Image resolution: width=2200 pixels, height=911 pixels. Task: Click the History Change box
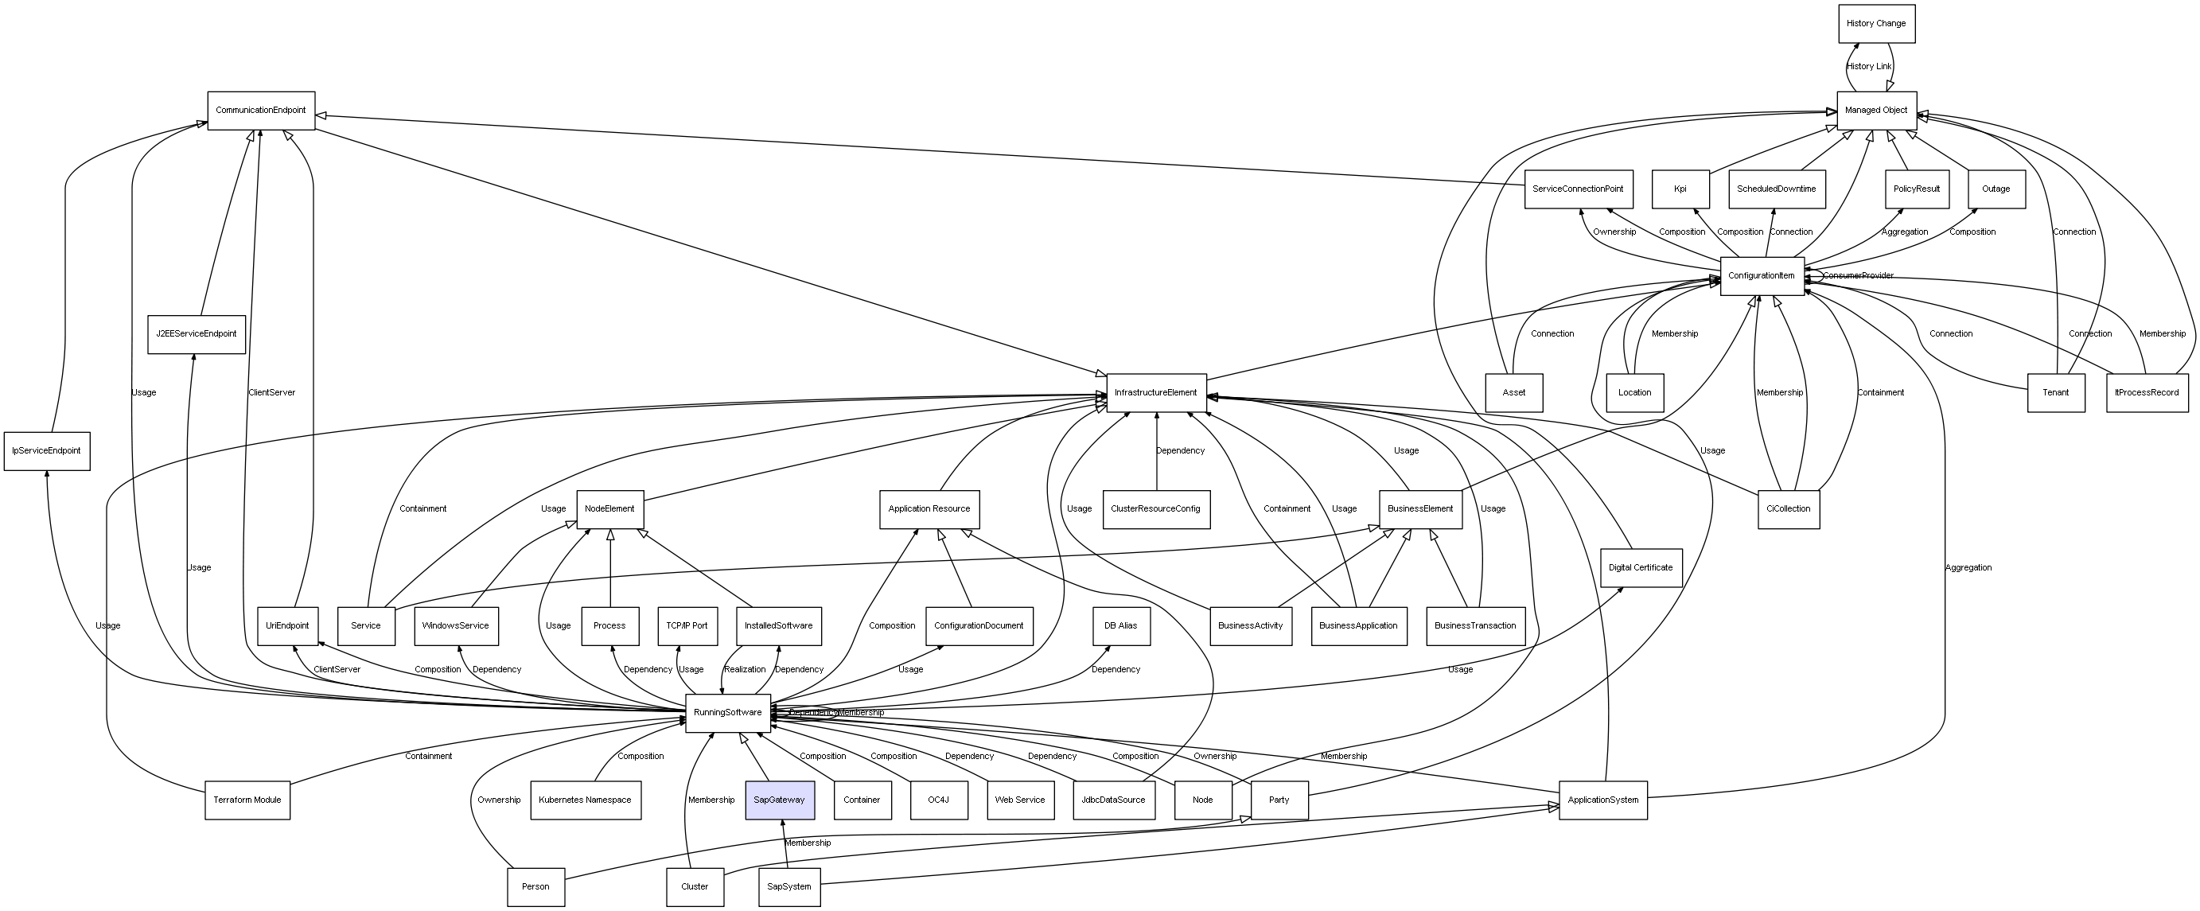click(1876, 24)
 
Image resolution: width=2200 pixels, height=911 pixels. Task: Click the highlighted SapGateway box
click(779, 800)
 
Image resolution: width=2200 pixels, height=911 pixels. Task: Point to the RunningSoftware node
click(728, 713)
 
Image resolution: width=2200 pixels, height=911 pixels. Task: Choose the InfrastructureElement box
click(1155, 393)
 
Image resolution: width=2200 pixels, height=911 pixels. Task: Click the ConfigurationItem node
click(1761, 276)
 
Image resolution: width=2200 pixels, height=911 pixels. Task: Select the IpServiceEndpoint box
click(46, 451)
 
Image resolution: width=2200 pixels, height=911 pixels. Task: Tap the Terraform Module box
click(247, 800)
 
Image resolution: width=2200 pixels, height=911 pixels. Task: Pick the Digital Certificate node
click(1640, 568)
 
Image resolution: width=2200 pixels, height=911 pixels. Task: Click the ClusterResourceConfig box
click(1155, 509)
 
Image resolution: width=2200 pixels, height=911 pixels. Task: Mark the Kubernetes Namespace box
click(585, 800)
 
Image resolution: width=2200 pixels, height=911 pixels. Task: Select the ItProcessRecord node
click(2146, 393)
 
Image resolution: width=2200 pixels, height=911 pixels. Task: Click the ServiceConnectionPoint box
click(1579, 189)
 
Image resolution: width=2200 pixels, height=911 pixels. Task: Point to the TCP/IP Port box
click(687, 626)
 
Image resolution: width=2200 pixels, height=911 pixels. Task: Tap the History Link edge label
click(1869, 67)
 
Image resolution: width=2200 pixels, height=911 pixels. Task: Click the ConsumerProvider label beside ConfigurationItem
click(1859, 276)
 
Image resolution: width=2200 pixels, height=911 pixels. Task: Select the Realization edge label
click(745, 669)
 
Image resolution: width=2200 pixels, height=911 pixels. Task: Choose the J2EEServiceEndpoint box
click(197, 334)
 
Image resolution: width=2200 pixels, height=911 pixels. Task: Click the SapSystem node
click(789, 887)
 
